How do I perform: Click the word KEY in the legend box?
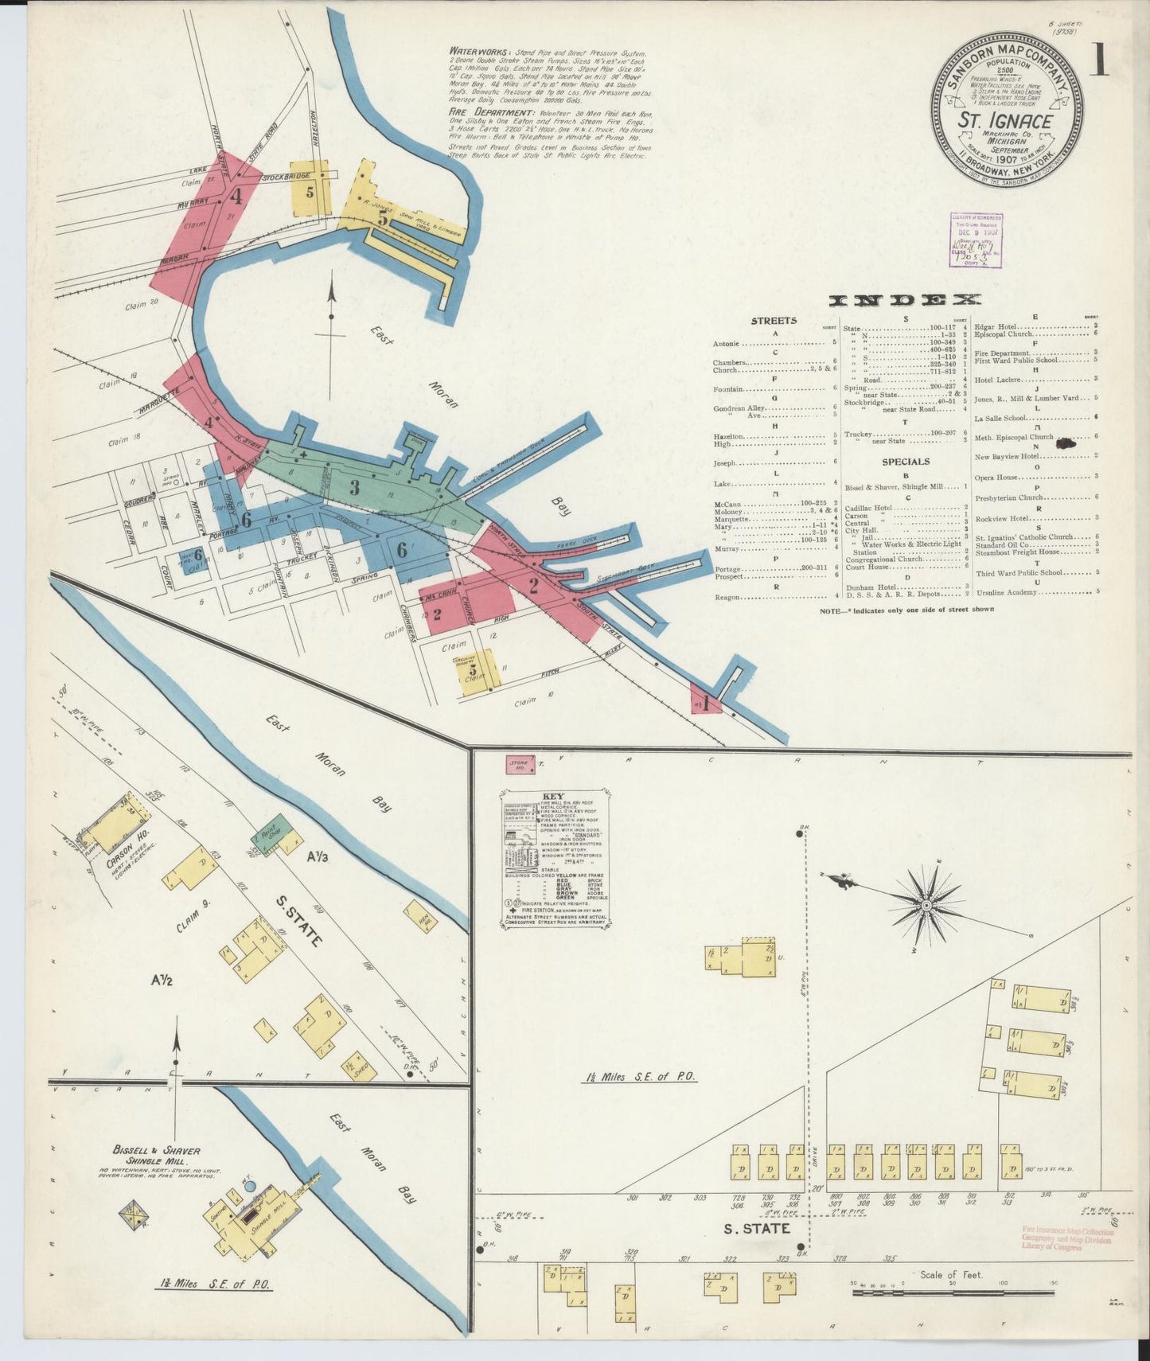click(552, 797)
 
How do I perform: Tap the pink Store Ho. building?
click(520, 766)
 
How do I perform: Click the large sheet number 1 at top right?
click(1098, 60)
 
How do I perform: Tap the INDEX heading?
click(905, 300)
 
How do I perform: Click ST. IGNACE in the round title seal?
click(1004, 121)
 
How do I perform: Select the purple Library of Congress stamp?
click(977, 239)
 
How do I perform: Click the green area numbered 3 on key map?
click(355, 487)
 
